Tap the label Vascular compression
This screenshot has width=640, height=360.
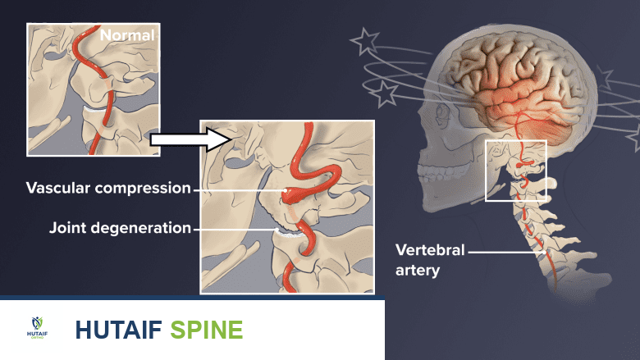[x=108, y=189]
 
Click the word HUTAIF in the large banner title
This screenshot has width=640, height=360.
[x=120, y=330]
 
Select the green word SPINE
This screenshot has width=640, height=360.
[x=207, y=330]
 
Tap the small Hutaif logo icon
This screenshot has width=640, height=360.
[x=38, y=327]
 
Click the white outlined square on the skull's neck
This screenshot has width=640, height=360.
[x=515, y=171]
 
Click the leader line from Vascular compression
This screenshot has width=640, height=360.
[x=238, y=189]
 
